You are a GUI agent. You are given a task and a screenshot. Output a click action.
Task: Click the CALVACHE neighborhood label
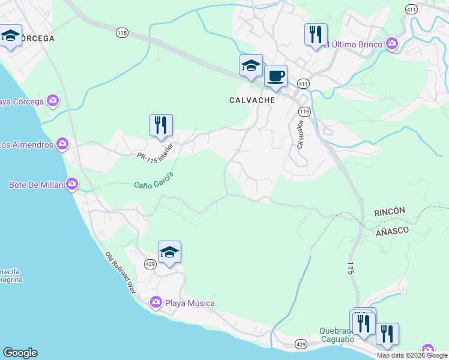252,100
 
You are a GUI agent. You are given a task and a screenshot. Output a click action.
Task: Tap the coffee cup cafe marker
276,77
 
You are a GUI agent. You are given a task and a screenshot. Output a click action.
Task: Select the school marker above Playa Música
170,253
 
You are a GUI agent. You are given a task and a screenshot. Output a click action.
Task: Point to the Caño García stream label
154,179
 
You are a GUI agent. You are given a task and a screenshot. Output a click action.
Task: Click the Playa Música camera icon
156,303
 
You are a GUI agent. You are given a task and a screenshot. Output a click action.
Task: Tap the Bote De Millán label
35,184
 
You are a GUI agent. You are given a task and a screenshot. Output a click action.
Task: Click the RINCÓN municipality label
390,212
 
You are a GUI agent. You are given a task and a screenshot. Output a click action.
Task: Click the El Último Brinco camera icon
392,43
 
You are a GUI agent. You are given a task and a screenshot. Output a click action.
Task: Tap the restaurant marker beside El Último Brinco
316,35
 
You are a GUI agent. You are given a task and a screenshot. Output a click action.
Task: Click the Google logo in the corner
20,353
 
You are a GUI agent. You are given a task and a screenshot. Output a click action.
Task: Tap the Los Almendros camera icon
62,144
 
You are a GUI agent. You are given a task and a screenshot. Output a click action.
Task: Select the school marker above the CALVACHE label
251,66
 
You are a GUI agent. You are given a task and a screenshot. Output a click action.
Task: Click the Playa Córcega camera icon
53,101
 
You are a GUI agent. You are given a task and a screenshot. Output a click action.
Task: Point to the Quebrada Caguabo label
337,331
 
